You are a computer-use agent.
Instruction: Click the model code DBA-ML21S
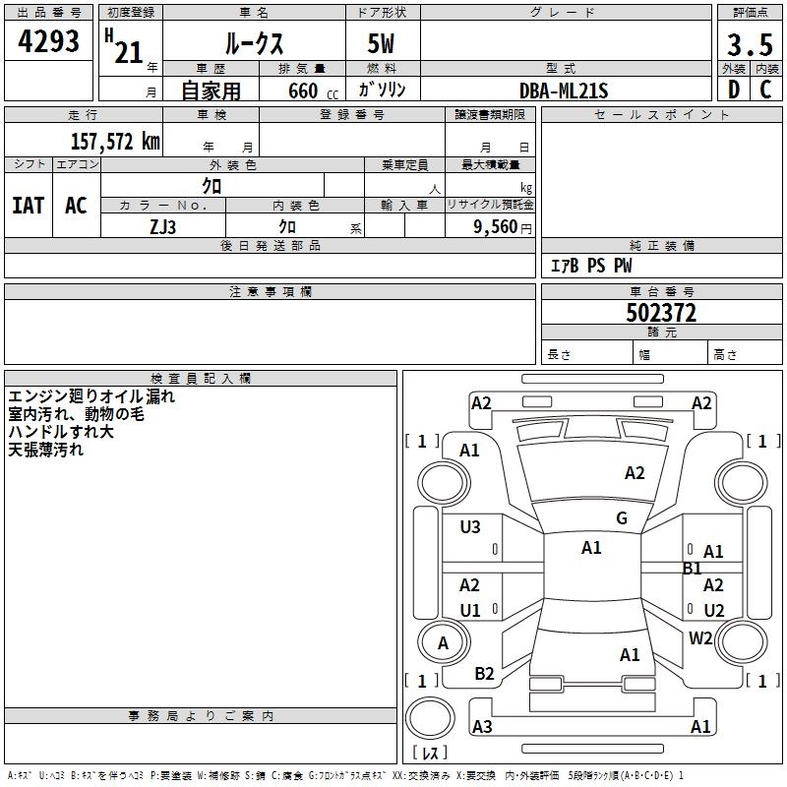565,91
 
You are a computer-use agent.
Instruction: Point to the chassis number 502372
661,313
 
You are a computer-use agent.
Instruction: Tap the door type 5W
383,45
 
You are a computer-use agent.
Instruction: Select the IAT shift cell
28,206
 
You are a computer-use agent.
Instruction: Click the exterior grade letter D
733,91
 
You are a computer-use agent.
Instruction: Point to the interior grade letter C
765,91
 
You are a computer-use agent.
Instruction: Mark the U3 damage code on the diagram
470,527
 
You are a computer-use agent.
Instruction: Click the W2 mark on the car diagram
700,638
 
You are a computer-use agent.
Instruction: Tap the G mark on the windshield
621,518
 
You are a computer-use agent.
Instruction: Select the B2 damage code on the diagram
484,674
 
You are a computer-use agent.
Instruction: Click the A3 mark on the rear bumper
482,727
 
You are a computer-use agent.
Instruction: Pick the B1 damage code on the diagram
693,568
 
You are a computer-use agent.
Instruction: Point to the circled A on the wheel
443,643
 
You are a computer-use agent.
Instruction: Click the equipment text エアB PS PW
590,266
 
